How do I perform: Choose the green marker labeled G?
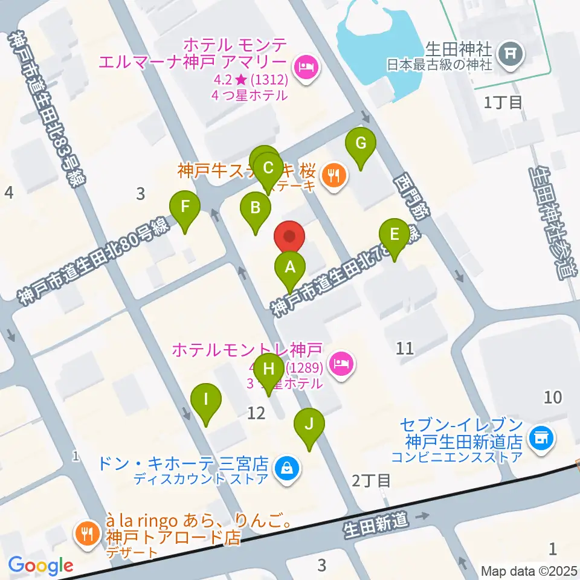coord(361,144)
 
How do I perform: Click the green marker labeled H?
coord(269,367)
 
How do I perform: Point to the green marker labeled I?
coord(206,400)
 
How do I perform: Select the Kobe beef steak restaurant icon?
coord(332,175)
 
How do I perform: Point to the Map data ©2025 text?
coord(529,570)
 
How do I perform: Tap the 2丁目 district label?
coord(371,481)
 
